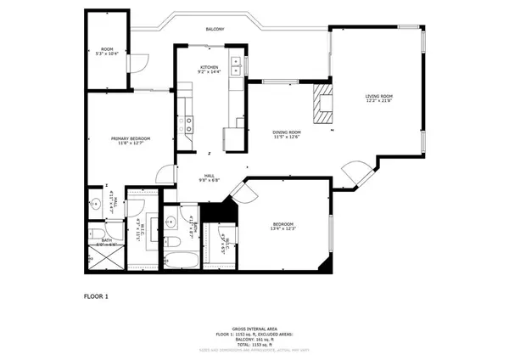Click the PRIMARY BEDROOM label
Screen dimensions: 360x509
click(131, 140)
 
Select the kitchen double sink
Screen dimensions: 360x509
click(235, 70)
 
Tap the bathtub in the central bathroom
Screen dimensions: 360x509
click(181, 256)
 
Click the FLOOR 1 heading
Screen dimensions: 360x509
click(96, 296)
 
